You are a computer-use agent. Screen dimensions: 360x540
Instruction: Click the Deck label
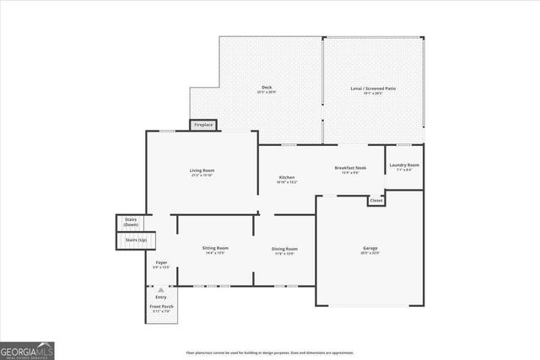coord(267,88)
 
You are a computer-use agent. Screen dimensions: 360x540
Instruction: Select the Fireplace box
coord(203,125)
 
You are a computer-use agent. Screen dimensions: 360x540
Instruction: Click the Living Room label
coord(202,170)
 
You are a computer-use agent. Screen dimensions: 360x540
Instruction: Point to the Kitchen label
coord(287,177)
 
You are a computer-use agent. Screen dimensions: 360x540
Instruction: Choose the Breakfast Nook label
coord(349,168)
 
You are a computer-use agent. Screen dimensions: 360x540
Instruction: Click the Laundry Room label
coord(404,164)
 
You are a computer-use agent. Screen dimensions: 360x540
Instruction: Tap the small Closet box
coord(376,201)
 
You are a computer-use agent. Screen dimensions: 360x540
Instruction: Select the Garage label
coord(370,247)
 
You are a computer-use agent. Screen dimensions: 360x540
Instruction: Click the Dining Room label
coord(284,249)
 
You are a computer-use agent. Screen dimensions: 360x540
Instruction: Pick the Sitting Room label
coord(215,248)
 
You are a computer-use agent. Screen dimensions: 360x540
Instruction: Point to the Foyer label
coord(161,263)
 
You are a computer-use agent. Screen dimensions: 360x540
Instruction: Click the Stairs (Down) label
coord(131,222)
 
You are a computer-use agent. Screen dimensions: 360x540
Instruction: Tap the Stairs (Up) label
coord(136,240)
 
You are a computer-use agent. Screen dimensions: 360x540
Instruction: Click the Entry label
coord(161,297)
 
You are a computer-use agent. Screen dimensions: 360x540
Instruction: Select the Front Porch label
coord(161,308)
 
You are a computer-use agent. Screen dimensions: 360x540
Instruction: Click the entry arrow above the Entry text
coord(161,289)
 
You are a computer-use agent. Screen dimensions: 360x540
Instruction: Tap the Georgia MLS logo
coord(27,349)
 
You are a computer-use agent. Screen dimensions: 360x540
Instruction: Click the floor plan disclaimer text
coord(270,352)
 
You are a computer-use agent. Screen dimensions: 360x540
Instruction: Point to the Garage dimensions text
coord(370,253)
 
